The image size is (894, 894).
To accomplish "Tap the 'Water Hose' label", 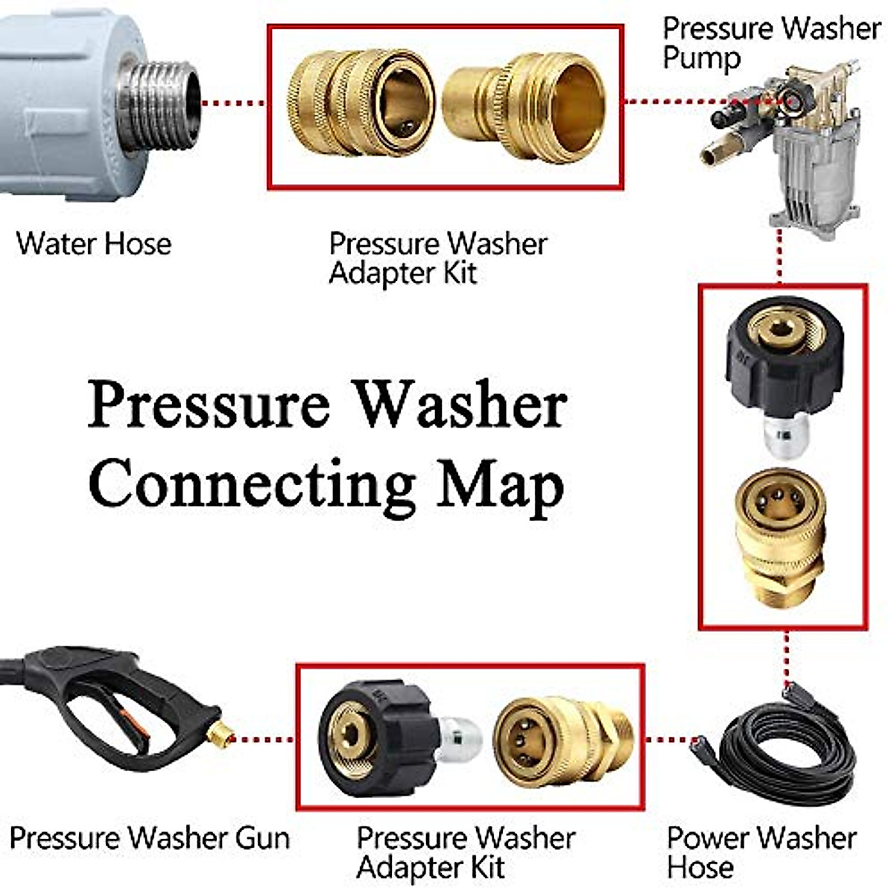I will tap(94, 244).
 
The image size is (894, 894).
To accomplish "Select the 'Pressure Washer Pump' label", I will tap(771, 43).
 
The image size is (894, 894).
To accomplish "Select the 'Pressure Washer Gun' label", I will tap(149, 838).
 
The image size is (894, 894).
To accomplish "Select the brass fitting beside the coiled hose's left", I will tap(562, 738).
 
